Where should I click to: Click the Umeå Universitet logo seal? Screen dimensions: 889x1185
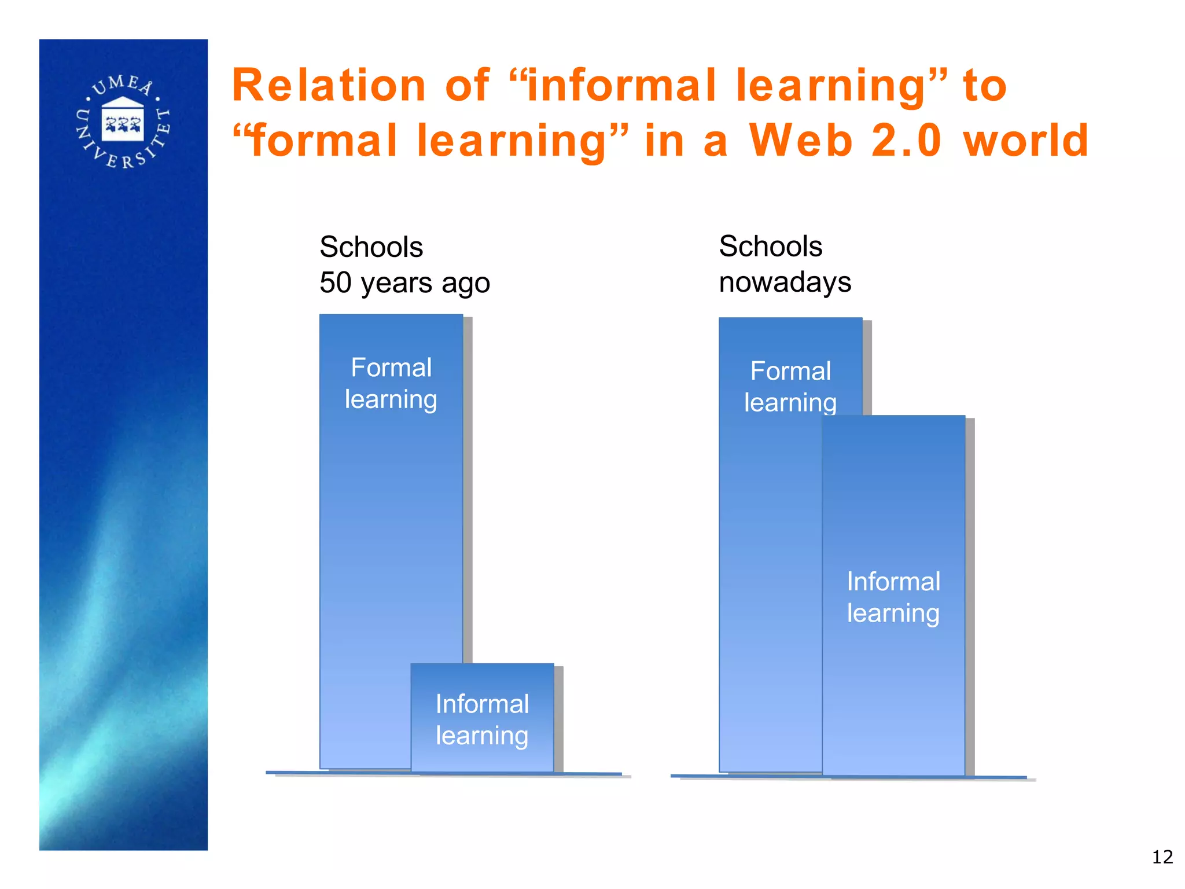(123, 122)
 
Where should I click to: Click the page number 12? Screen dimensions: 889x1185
(1162, 857)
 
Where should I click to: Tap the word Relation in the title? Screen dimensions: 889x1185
(329, 86)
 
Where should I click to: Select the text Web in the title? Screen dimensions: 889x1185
(801, 141)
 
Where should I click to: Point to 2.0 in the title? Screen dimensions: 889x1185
(906, 141)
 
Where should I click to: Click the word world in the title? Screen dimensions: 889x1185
(1026, 141)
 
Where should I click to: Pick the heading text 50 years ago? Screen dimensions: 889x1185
(404, 283)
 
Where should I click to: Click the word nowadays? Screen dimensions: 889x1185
(785, 282)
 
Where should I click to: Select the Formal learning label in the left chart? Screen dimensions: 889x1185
(391, 383)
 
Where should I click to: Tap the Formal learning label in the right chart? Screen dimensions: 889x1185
(790, 386)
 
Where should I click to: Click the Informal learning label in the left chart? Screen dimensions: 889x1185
(482, 719)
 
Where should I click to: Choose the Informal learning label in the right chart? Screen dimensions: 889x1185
(893, 597)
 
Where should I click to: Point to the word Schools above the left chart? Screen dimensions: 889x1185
(371, 247)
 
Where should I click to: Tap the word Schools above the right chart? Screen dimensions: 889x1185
(770, 247)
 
